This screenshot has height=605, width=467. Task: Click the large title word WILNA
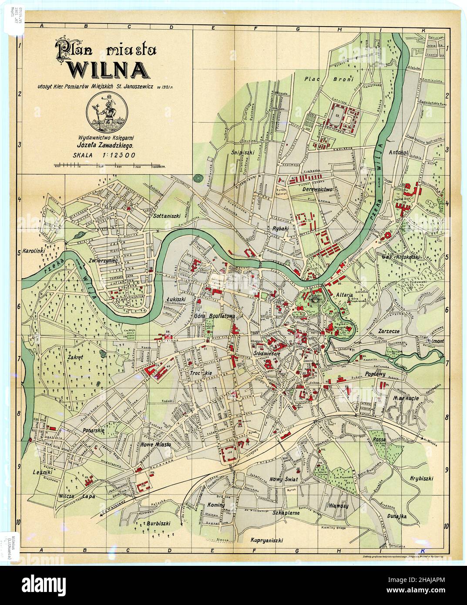[106, 69]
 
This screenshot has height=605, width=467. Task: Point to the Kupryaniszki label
[267, 540]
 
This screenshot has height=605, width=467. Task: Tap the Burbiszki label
[158, 523]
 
